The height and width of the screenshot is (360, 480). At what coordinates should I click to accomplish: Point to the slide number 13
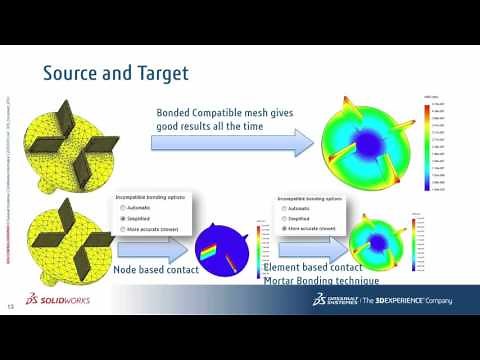tap(12, 306)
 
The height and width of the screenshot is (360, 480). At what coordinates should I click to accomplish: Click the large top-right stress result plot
tap(366, 148)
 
